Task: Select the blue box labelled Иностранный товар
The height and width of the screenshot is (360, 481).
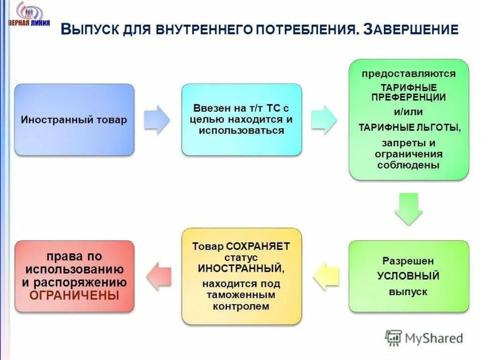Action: tap(74, 120)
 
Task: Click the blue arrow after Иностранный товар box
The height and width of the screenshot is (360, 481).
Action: tap(156, 120)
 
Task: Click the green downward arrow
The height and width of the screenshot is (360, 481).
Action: tap(409, 208)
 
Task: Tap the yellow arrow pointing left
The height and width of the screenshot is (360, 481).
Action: tap(326, 276)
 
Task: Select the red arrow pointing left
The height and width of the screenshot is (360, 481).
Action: tap(159, 276)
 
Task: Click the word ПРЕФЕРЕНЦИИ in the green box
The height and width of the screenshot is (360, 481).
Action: tap(409, 98)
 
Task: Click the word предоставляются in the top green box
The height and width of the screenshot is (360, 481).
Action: tap(409, 74)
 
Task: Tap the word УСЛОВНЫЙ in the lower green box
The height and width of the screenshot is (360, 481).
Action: tap(409, 276)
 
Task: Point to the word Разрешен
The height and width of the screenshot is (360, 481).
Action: tap(408, 261)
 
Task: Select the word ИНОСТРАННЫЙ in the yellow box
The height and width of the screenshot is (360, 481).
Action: tap(240, 269)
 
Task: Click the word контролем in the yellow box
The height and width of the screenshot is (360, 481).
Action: tap(241, 306)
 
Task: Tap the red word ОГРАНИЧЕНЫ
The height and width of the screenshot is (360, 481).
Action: tap(74, 296)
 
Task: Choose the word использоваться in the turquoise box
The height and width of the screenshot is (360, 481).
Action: tap(241, 130)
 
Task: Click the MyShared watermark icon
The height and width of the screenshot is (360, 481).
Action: tap(394, 337)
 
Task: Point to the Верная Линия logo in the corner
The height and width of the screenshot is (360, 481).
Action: tap(28, 14)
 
